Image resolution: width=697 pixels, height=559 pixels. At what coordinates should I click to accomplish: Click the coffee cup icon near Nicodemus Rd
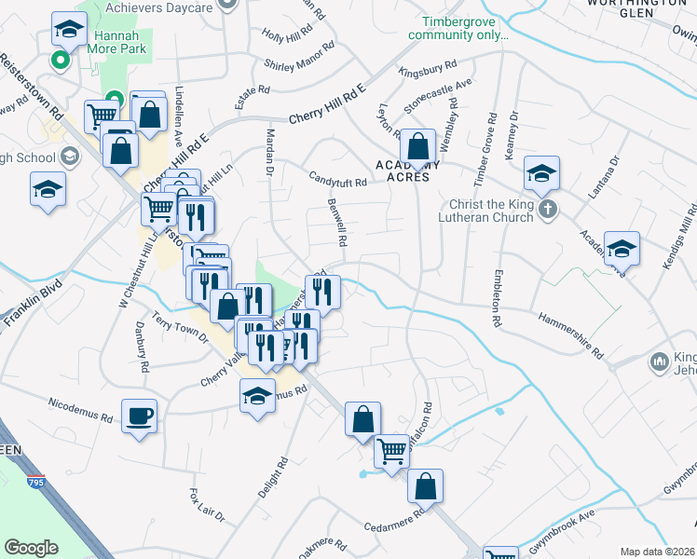[139, 416]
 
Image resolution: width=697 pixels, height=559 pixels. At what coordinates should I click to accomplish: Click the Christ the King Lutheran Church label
[485, 210]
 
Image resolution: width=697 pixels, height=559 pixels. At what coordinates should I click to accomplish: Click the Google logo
[31, 548]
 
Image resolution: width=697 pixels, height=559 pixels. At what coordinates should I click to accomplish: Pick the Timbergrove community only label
[465, 28]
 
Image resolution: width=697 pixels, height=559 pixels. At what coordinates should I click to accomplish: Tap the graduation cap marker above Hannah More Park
[69, 29]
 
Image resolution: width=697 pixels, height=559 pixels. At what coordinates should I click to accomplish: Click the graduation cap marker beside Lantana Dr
[622, 248]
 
